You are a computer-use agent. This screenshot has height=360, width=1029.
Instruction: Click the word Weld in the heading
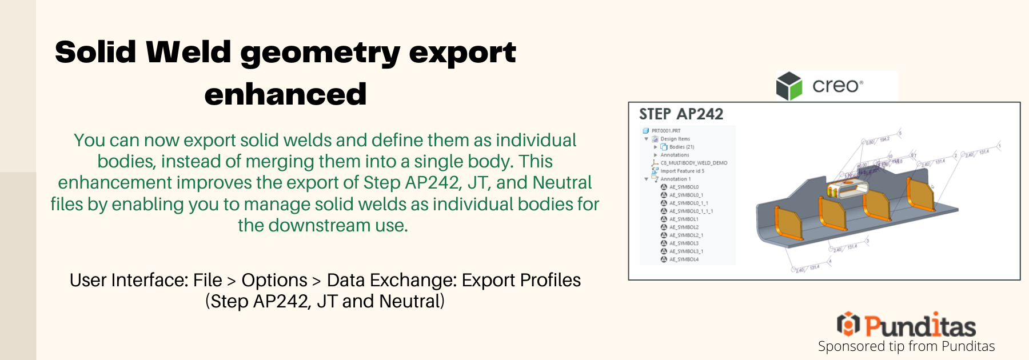[189, 53]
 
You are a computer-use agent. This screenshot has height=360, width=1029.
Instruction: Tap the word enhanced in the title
[285, 94]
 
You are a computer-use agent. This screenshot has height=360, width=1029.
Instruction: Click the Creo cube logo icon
[789, 86]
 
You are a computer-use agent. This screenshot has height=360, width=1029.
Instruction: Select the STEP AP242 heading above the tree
[681, 114]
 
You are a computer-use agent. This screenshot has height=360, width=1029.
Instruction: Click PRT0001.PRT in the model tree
[666, 131]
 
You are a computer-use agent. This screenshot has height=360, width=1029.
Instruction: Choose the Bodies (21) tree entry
[681, 147]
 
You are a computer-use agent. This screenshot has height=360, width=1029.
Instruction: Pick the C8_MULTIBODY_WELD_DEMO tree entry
[694, 163]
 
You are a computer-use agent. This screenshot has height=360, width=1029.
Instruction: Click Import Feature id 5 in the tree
[682, 171]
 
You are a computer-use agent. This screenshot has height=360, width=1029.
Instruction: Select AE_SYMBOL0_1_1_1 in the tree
[691, 211]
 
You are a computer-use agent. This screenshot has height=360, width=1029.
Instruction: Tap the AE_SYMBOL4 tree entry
[684, 259]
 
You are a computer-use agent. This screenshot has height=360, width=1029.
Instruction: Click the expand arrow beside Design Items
[647, 139]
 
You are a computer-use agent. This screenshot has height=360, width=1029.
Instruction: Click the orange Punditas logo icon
[848, 325]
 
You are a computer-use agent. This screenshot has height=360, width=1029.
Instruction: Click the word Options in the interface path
[274, 280]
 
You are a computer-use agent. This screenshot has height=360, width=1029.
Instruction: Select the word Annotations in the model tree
[675, 155]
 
